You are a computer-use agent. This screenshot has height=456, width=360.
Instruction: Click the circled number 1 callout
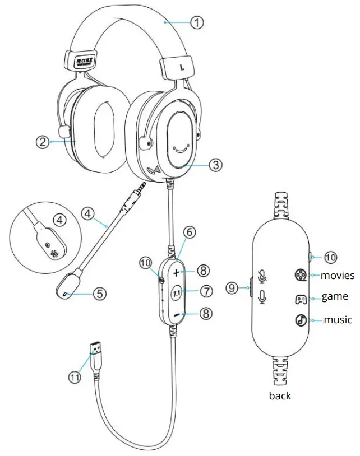coord(196,22)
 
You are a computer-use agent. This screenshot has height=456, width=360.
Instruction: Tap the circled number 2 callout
coord(42,142)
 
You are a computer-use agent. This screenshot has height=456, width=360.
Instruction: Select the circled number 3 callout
coord(216,165)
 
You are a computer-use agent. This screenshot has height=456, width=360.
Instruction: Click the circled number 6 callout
coord(190,231)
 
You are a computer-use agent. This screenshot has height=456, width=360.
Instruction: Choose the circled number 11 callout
coord(75,377)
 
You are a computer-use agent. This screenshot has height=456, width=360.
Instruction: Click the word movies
coord(338,275)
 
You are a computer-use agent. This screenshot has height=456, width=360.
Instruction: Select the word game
coord(334,297)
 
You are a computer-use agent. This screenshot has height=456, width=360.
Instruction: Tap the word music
coord(338,320)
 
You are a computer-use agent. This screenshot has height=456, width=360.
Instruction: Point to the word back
coord(280,396)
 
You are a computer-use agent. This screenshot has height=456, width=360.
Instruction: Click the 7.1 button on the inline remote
coord(176,292)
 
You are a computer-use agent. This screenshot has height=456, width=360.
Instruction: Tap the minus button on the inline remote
coord(176,315)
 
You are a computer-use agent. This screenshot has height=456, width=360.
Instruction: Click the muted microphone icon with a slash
coord(261,276)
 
